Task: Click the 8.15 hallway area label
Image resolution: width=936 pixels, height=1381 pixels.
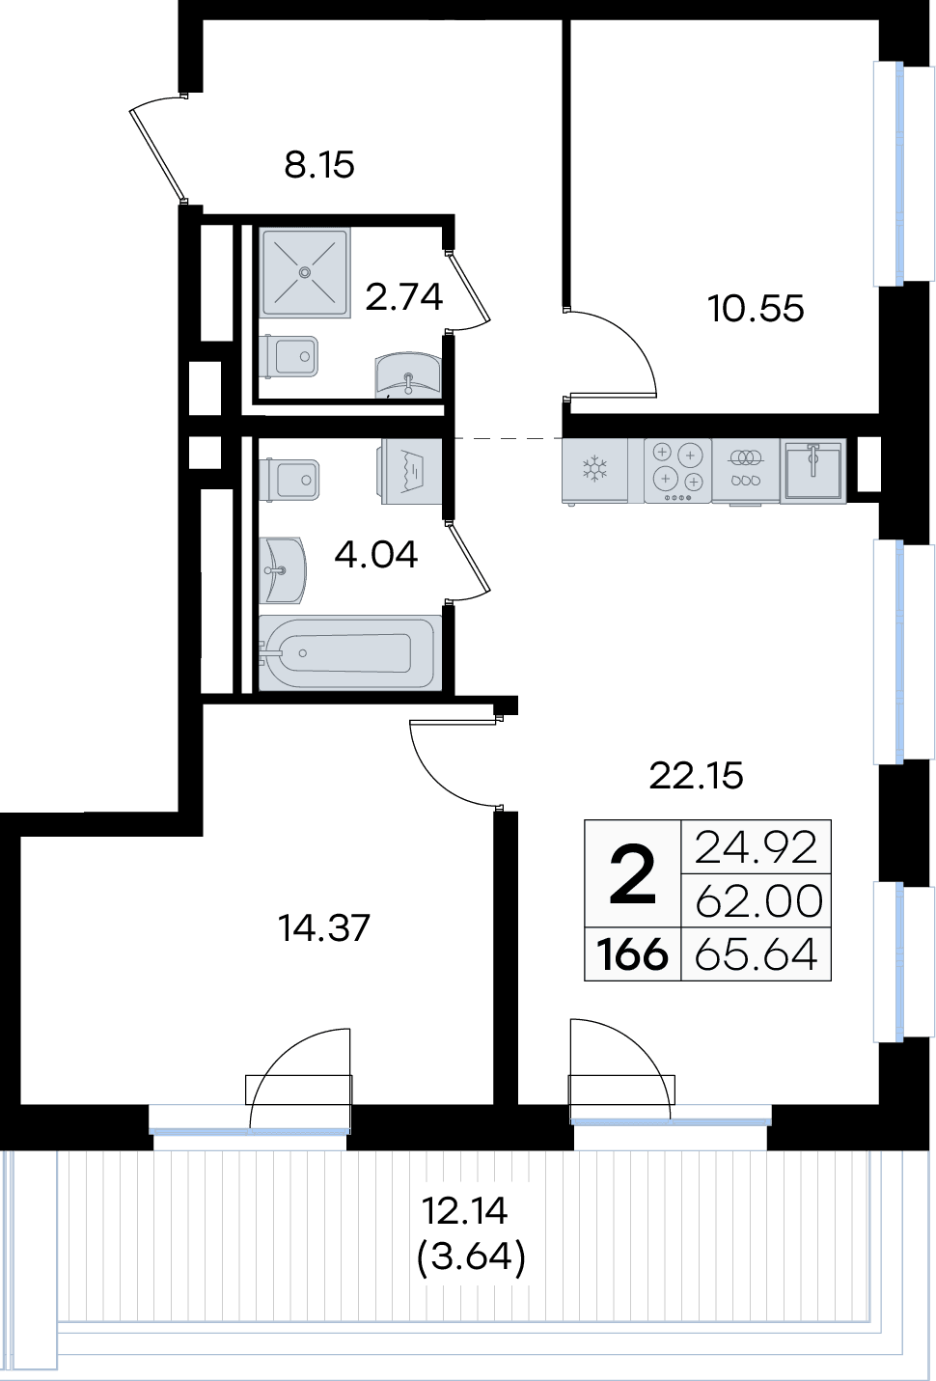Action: click(x=319, y=165)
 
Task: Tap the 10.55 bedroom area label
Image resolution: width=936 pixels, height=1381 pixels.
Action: click(x=756, y=308)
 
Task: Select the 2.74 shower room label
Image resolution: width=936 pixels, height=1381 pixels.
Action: click(x=404, y=296)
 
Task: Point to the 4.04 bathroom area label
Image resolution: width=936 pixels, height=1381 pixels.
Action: click(x=376, y=554)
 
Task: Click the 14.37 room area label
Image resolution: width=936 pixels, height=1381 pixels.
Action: click(x=323, y=927)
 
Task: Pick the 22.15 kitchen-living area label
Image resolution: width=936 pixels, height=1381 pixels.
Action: click(x=696, y=776)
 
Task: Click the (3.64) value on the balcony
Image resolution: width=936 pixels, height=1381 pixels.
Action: click(x=472, y=1257)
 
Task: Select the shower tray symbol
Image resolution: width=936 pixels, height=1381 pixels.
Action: click(x=305, y=272)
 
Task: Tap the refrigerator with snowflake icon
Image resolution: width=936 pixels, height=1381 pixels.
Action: click(x=595, y=470)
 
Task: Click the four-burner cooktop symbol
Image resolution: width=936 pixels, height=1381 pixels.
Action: click(x=677, y=470)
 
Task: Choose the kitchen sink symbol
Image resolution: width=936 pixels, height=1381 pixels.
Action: click(x=812, y=470)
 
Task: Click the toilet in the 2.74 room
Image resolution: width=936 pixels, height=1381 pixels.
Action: click(x=289, y=356)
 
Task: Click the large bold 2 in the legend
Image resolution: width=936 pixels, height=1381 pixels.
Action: click(x=633, y=874)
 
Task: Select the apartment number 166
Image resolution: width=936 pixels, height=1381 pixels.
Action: click(x=633, y=954)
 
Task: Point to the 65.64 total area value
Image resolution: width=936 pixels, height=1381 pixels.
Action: click(x=757, y=953)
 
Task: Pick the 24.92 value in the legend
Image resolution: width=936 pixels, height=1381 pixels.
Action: click(x=757, y=847)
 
